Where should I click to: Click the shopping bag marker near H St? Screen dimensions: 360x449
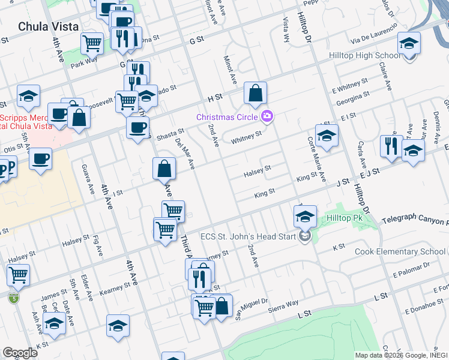pos(255,94)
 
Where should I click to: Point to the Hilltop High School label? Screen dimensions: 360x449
pos(364,56)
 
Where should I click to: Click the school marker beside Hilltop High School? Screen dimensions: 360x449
pos(409,44)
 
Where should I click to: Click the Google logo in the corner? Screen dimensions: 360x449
pos(20,352)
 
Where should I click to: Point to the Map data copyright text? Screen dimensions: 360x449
pos(400,355)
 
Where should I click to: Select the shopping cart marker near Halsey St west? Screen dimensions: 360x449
pos(18,275)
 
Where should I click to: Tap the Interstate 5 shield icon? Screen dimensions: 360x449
pos(14,298)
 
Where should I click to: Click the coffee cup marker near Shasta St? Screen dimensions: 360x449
pos(137,128)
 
